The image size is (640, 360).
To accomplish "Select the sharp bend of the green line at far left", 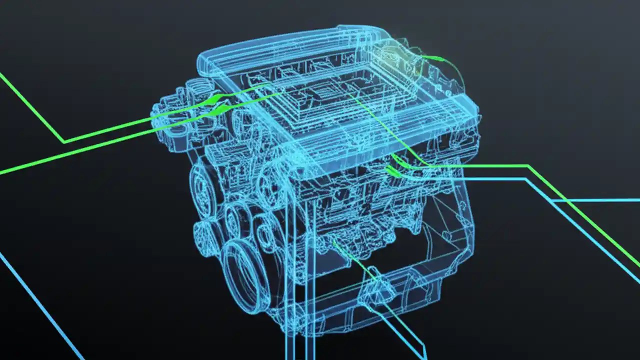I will coord(64,142).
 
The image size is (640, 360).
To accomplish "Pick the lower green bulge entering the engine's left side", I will coord(219,110).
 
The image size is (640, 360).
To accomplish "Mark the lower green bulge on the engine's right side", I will coord(392,172).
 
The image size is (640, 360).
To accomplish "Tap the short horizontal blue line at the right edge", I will coord(595,200).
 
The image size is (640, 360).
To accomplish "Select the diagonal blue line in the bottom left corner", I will coord(40,305).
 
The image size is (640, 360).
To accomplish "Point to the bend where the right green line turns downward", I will coord(528,166).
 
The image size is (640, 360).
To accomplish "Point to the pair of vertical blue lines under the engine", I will coord(298,320).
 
